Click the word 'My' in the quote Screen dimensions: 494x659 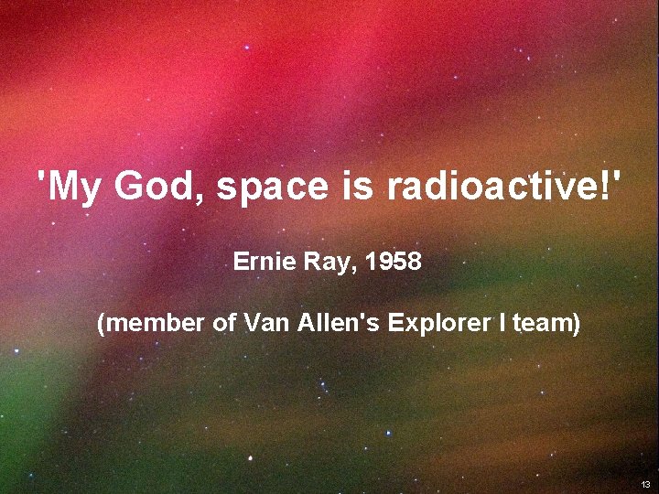click(x=72, y=187)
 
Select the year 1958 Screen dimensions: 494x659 click(x=393, y=263)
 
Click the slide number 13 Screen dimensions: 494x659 click(x=645, y=484)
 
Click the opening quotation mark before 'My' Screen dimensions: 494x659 click(x=41, y=177)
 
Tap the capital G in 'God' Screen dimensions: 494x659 click(x=130, y=187)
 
